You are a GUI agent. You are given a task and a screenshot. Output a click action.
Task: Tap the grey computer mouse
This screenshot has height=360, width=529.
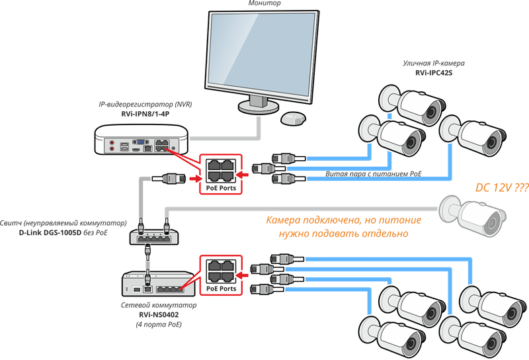(292, 118)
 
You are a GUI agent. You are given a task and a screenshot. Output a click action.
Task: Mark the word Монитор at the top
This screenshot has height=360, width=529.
(264, 4)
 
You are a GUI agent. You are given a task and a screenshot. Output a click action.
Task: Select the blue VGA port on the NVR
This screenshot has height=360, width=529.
(140, 141)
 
